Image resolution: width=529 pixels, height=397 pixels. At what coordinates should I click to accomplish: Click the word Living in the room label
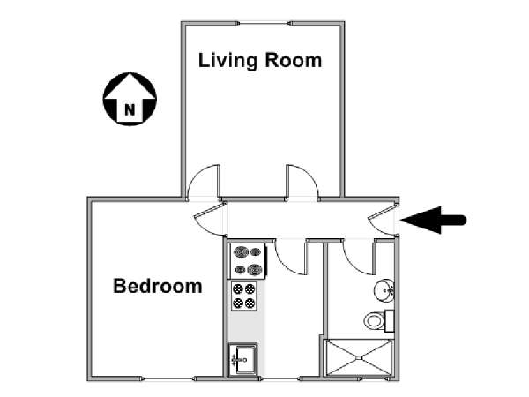[227, 61]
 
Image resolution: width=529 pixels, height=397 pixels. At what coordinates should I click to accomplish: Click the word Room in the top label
[294, 60]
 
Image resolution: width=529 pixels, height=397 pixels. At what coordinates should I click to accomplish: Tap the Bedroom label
[158, 286]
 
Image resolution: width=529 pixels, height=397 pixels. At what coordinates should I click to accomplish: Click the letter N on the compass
[130, 109]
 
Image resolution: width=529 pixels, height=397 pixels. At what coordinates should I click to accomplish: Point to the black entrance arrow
[434, 220]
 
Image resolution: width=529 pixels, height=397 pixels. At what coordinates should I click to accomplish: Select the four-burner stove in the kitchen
[249, 260]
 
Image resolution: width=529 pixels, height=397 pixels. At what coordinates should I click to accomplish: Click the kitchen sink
[243, 360]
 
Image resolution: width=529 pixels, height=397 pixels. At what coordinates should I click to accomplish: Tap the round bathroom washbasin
[384, 290]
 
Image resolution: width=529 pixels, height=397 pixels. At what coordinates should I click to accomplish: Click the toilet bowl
[374, 320]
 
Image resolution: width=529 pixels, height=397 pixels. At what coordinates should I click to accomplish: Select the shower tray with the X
[359, 357]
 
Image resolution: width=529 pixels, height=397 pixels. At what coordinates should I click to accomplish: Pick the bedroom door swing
[209, 219]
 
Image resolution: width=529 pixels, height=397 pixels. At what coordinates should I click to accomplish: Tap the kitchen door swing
[291, 258]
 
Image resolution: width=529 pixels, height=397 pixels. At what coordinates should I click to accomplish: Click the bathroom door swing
[358, 258]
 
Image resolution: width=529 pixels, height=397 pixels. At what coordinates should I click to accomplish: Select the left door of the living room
[204, 183]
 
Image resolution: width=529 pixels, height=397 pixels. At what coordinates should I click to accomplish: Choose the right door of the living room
[302, 183]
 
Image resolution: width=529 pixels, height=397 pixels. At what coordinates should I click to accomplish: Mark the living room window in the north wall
[264, 23]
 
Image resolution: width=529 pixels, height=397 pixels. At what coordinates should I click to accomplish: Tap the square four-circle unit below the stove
[244, 296]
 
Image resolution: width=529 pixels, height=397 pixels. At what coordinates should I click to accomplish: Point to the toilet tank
[390, 320]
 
